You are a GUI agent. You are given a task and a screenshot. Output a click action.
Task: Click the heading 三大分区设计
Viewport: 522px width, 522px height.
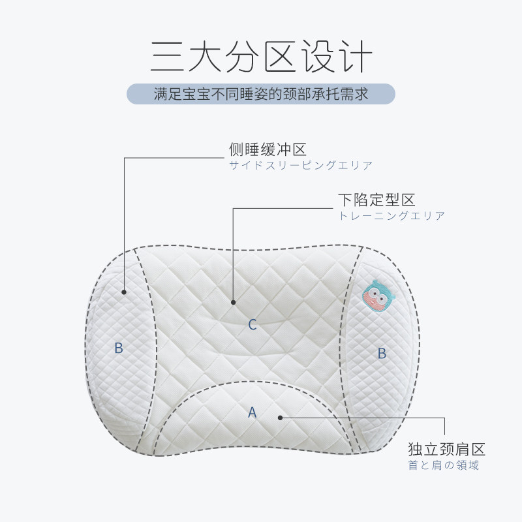pos(261,57)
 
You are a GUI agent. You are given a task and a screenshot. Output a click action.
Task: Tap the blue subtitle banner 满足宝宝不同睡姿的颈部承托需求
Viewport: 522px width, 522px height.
pos(261,94)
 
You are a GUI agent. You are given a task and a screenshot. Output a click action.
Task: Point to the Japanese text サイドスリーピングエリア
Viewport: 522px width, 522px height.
pos(301,166)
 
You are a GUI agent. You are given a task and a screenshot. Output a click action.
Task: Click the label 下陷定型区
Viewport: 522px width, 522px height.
pos(376,200)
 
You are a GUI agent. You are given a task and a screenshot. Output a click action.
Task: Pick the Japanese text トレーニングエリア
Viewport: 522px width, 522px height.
pos(391,215)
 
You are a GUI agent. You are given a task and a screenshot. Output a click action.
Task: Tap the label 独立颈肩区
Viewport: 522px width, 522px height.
pos(446,450)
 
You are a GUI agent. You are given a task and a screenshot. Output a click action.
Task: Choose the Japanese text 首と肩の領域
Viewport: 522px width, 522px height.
pos(444,465)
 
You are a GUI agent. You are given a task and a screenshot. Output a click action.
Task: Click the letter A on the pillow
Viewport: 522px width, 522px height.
pos(253,412)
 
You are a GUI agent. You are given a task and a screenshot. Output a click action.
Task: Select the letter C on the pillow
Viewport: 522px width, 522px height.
pos(253,324)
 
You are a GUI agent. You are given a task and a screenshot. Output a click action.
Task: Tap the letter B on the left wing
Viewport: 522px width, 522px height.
pos(119,348)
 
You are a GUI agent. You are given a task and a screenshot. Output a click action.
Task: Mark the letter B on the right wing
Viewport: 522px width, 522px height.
pos(382,354)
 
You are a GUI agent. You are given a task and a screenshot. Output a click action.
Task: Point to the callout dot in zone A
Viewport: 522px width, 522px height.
pos(279,417)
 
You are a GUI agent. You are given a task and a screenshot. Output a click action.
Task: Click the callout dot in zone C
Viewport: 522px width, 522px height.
pos(233,301)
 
